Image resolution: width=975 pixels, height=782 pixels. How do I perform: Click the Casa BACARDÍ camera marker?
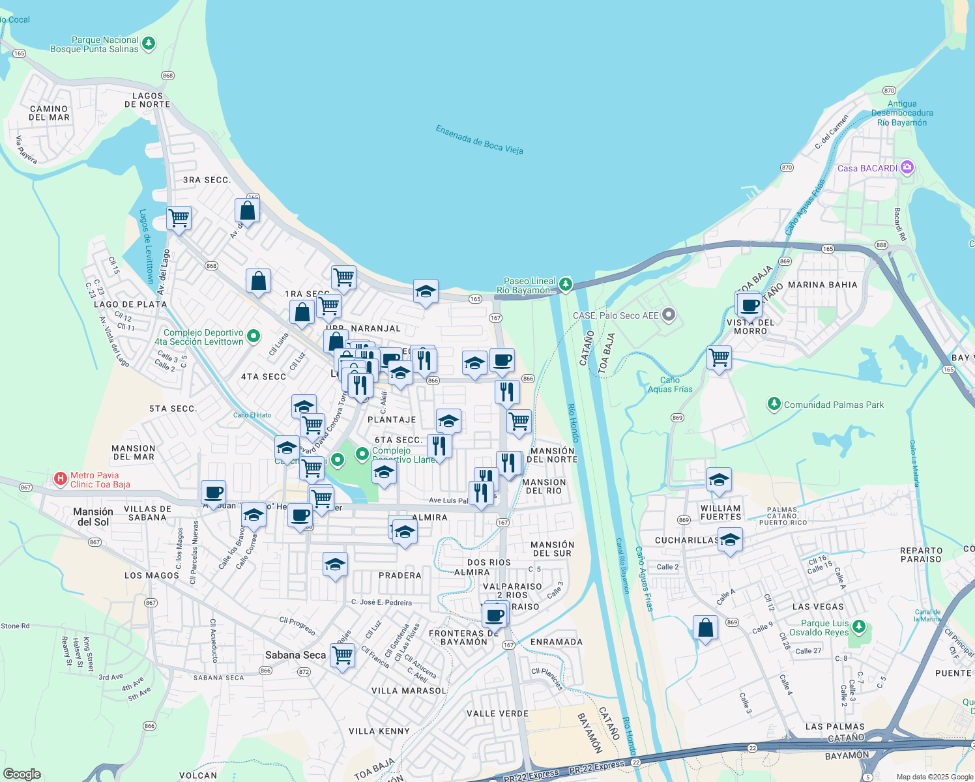907,168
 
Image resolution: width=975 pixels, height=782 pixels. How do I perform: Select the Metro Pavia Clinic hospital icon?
61,480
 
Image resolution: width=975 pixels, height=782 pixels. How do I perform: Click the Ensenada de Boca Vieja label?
479,139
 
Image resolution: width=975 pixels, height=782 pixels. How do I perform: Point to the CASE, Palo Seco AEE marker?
669,315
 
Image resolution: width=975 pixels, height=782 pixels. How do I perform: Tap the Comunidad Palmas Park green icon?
774,405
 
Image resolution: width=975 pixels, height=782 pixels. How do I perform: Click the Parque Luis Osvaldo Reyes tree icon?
859,628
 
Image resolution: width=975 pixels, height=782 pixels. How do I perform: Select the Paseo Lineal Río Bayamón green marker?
566,285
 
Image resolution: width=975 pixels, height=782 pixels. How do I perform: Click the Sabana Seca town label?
295,655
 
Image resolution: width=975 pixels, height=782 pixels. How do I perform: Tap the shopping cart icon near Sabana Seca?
342,654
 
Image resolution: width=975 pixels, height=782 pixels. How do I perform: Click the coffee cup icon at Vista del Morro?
749,304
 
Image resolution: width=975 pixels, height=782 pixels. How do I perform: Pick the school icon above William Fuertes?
719,480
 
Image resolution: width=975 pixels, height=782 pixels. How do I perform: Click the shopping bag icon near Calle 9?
705,628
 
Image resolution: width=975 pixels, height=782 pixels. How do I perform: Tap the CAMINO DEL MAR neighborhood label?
49,113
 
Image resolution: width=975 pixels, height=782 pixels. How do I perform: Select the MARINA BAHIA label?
822,285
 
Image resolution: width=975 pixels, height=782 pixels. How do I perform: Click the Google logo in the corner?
22,774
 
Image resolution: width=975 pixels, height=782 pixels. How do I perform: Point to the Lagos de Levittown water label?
147,246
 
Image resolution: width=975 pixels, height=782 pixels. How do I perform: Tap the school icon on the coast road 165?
426,291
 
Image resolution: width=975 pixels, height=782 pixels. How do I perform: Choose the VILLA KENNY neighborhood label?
379,731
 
